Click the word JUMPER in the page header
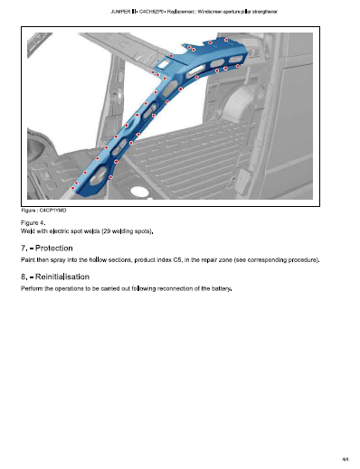(x=120, y=12)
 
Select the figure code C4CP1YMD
(x=52, y=211)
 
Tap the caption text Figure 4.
(x=33, y=223)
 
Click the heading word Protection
(x=54, y=249)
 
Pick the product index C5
(x=177, y=259)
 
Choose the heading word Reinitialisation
(x=62, y=277)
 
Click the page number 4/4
(x=346, y=459)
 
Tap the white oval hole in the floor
(x=137, y=191)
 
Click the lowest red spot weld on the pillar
(x=72, y=188)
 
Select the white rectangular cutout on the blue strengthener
(x=164, y=63)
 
